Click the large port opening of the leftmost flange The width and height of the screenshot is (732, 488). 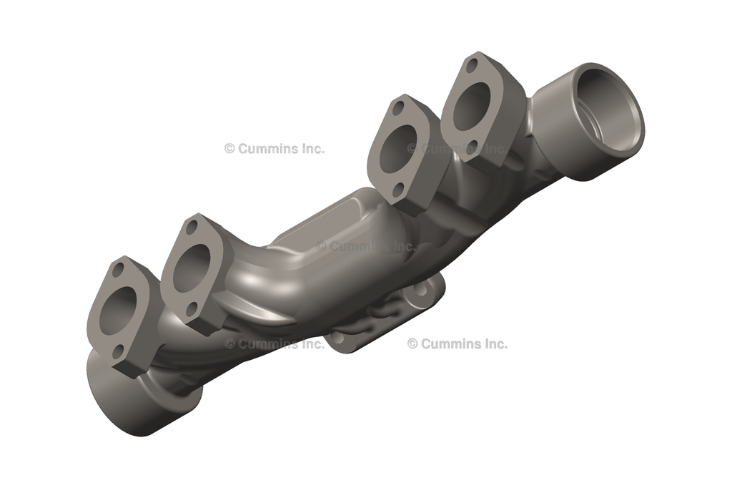(117, 313)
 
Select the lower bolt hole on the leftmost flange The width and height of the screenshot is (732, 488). (119, 351)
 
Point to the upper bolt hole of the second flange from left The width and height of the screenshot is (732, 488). (191, 228)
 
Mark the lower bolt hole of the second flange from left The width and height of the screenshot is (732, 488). (191, 308)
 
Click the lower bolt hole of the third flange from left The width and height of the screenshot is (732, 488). (398, 190)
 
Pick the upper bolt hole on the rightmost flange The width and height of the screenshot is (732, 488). (472, 66)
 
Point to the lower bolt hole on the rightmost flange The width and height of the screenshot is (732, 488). (471, 147)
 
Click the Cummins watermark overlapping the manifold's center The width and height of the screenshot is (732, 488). (365, 246)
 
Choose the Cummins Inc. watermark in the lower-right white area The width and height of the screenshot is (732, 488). (457, 344)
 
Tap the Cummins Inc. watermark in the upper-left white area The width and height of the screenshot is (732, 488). (274, 149)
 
